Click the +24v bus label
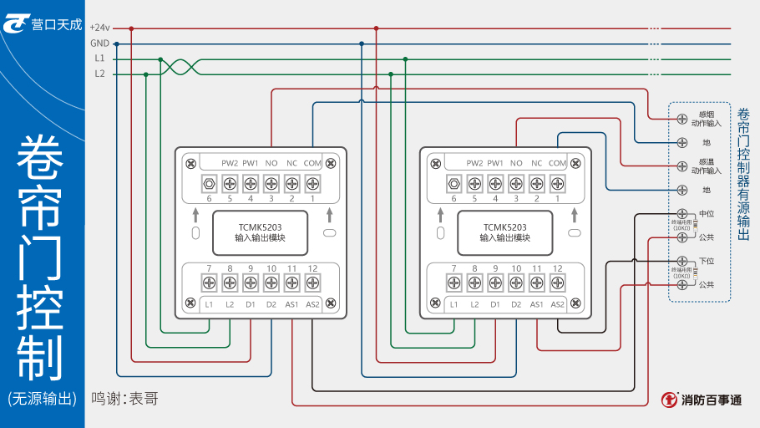(x=99, y=28)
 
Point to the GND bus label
(x=99, y=43)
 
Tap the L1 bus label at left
(x=99, y=59)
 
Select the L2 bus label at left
(x=99, y=74)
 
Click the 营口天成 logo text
(x=57, y=25)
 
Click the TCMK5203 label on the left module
(x=260, y=227)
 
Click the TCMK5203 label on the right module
(x=504, y=227)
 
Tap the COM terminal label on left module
(x=312, y=163)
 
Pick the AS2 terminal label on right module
(x=558, y=303)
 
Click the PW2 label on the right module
(x=475, y=163)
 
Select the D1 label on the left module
(x=251, y=303)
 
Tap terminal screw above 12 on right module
(x=558, y=283)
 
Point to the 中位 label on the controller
(x=707, y=214)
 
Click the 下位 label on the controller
(x=707, y=262)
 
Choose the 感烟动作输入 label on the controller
(x=706, y=118)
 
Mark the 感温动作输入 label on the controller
(x=706, y=166)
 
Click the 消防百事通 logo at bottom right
(x=702, y=400)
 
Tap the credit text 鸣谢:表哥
(x=124, y=399)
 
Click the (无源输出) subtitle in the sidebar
(x=42, y=399)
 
